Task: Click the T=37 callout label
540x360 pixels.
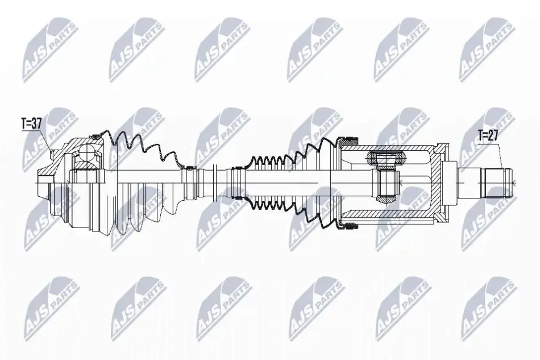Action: point(32,123)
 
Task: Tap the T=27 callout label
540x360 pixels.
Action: point(488,135)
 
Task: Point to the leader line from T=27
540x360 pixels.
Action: point(501,155)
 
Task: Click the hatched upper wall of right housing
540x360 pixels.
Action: point(386,147)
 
